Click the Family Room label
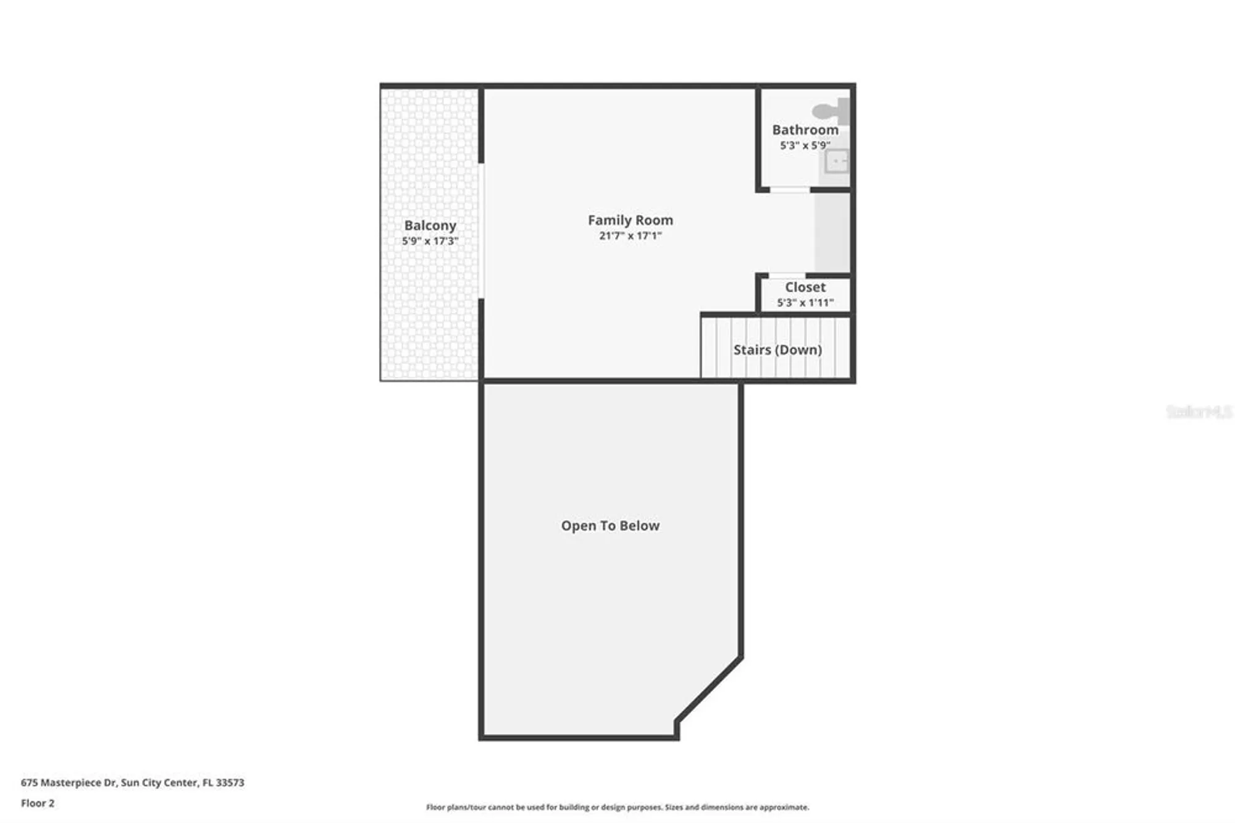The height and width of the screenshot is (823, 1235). click(630, 220)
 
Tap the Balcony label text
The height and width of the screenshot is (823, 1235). click(430, 226)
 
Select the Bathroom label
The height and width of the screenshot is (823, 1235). click(805, 130)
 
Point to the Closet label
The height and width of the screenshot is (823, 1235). click(805, 287)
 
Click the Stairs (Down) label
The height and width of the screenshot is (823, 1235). click(777, 350)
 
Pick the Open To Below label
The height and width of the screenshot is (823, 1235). click(610, 526)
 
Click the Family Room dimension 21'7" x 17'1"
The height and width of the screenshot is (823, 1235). click(630, 236)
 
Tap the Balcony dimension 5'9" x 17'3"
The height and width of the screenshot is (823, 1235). click(430, 241)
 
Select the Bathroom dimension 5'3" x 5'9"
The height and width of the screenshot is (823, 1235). click(805, 146)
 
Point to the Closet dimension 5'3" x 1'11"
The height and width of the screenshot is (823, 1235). click(805, 303)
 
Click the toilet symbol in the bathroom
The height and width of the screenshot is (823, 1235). click(830, 111)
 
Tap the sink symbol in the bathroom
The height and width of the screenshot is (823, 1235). click(837, 162)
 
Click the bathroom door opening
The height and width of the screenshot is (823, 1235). click(789, 190)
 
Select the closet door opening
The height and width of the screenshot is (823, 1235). click(787, 276)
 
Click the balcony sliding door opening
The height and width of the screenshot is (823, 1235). click(481, 231)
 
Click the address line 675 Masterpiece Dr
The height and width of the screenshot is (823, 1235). click(132, 782)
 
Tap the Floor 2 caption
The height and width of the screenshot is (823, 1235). click(38, 803)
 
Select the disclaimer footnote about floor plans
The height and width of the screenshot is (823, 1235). click(617, 807)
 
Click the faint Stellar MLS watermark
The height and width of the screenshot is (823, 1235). click(1198, 411)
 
